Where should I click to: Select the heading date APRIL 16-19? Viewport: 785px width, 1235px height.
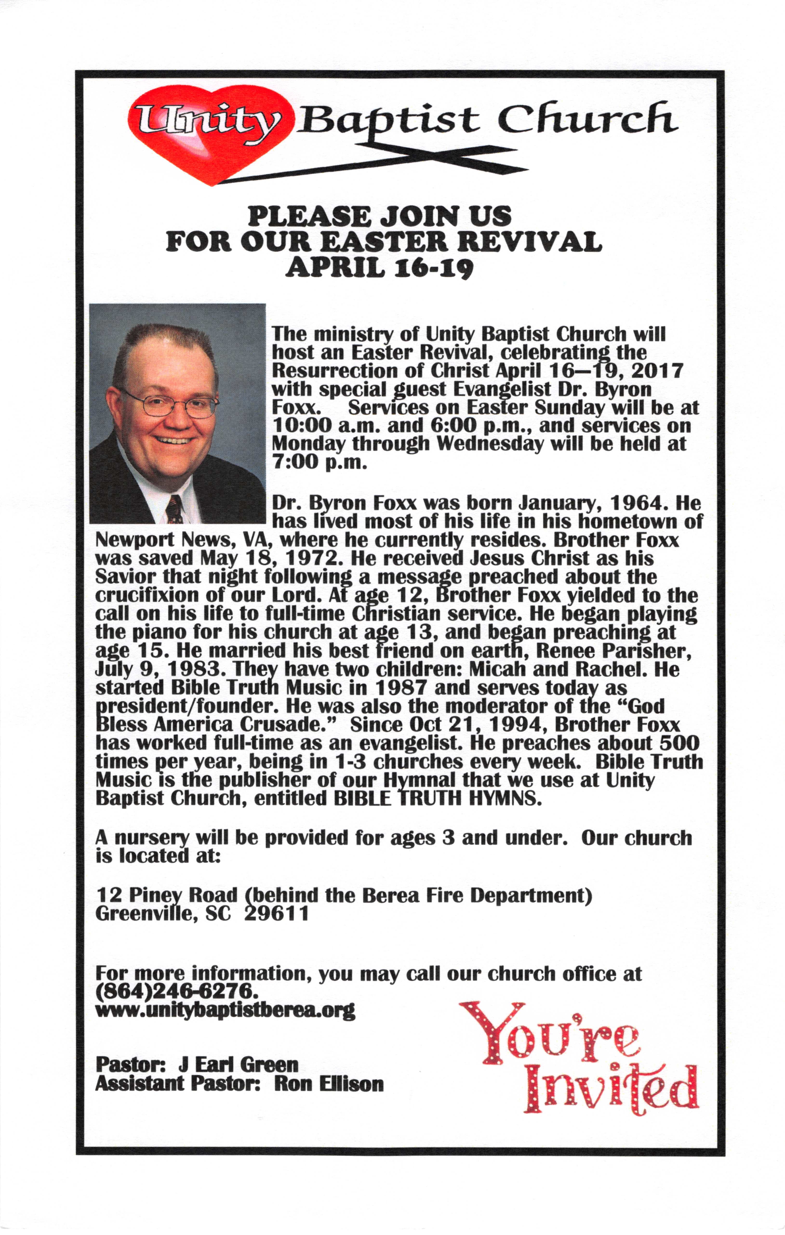[379, 268]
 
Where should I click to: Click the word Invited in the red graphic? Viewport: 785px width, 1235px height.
[611, 1090]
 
